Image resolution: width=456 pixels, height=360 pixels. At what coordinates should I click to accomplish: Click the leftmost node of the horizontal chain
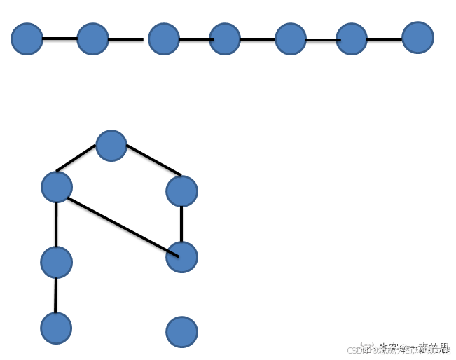(27, 39)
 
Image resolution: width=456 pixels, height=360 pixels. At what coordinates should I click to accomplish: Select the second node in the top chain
(92, 39)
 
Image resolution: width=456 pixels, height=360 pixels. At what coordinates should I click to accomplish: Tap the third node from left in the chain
(164, 39)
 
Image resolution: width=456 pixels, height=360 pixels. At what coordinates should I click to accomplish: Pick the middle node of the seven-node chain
(225, 39)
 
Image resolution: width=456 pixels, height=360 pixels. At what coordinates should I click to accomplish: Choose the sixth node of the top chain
(352, 39)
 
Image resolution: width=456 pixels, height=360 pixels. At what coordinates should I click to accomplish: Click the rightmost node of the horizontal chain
(417, 37)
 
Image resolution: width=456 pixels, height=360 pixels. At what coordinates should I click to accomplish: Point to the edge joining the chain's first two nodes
(60, 38)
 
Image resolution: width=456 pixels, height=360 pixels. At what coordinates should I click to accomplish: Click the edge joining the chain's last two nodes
(385, 39)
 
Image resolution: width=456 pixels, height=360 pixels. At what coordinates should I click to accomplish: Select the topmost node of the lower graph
(111, 146)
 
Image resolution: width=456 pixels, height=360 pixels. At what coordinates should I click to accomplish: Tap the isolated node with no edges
(181, 332)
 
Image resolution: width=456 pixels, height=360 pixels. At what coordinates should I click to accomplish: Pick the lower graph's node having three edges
(57, 187)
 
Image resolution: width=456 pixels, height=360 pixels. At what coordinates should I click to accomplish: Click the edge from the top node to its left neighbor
(76, 158)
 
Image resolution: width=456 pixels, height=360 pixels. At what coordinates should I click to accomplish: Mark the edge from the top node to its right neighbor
(153, 160)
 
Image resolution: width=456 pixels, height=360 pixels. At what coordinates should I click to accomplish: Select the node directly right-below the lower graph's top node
(181, 191)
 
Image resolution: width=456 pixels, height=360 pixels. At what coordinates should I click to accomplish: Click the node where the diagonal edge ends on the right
(181, 257)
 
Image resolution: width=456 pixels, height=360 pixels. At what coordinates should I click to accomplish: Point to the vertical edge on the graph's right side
(181, 224)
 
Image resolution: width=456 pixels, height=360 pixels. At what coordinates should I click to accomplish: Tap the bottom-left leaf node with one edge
(56, 328)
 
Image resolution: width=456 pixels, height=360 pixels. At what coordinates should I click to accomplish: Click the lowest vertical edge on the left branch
(56, 295)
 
